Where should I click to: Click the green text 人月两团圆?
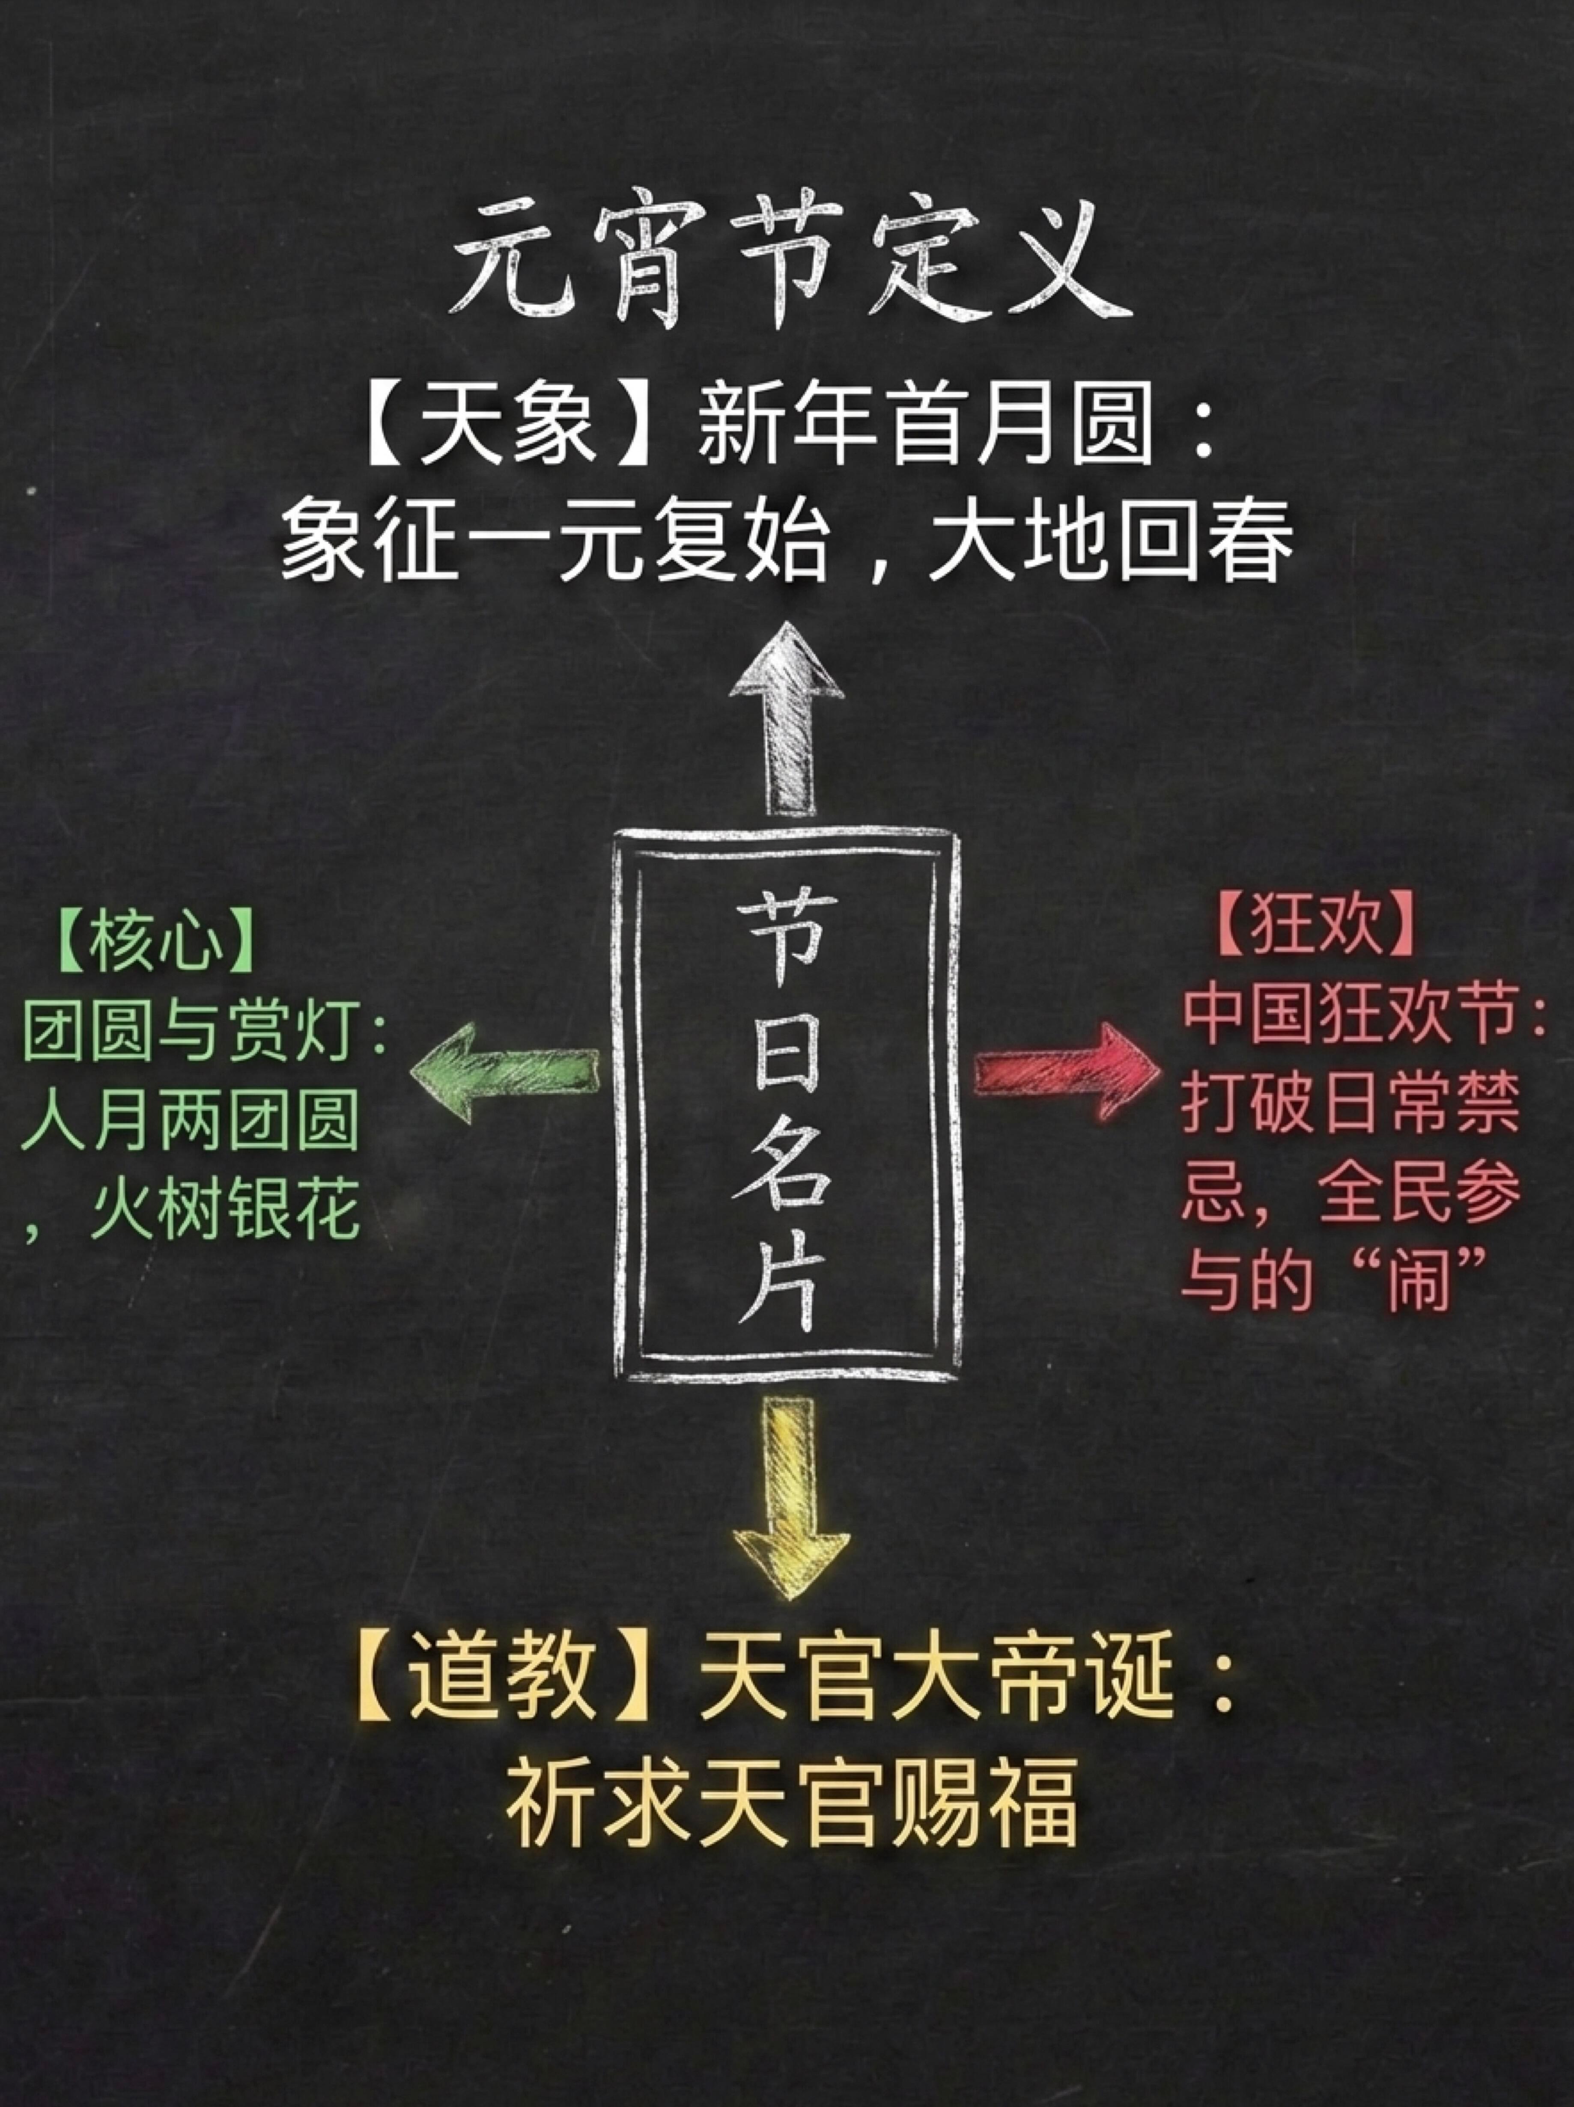pyautogui.click(x=191, y=1122)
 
